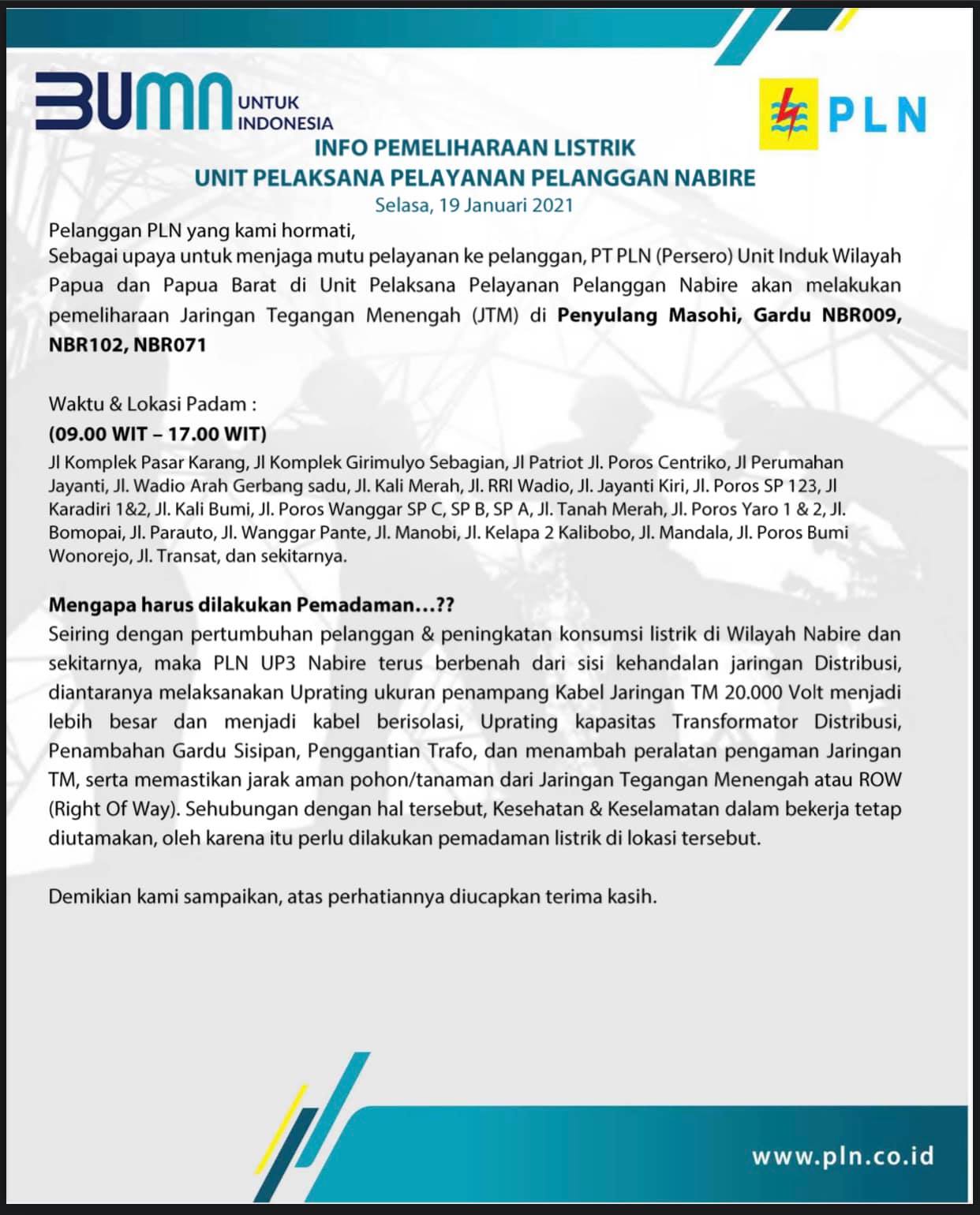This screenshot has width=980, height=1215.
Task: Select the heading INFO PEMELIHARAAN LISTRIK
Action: point(475,148)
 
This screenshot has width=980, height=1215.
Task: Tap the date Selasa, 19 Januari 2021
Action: point(474,205)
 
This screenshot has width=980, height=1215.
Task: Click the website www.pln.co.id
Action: point(843,1156)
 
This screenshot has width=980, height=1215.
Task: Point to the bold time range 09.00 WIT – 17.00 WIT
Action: point(158,433)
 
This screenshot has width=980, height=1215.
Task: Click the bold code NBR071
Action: point(170,345)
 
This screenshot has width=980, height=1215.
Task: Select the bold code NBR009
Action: point(861,316)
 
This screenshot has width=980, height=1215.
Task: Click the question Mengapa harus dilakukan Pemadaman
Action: point(251,605)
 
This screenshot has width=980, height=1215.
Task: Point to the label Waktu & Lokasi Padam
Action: point(152,404)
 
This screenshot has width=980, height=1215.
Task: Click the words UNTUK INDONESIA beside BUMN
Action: point(285,113)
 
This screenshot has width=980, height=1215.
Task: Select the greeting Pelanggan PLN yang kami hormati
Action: point(197,231)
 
